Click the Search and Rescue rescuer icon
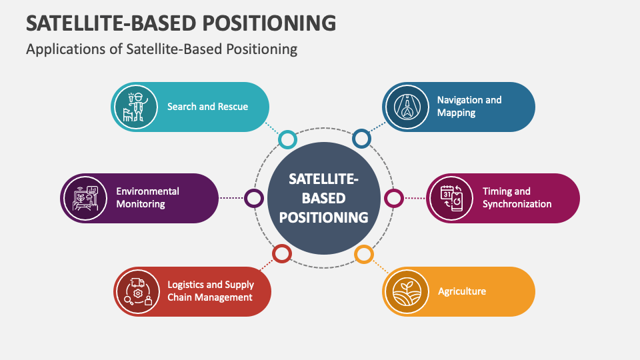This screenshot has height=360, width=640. pyautogui.click(x=136, y=106)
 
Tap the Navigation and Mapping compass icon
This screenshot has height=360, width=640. pyautogui.click(x=407, y=106)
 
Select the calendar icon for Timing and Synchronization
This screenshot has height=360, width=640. pyautogui.click(x=451, y=198)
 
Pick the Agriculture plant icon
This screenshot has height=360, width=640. pyautogui.click(x=407, y=291)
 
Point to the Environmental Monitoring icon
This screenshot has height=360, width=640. pyautogui.click(x=85, y=198)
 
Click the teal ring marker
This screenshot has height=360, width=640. pyautogui.click(x=287, y=139)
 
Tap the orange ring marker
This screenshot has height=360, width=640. pyautogui.click(x=363, y=253)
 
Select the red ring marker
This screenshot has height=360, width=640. pyautogui.click(x=282, y=253)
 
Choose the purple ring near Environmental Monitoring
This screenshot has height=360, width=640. pyautogui.click(x=254, y=198)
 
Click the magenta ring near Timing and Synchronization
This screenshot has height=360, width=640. pyautogui.click(x=394, y=198)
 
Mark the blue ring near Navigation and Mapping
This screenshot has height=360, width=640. pyautogui.click(x=361, y=139)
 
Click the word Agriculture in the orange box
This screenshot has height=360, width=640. pyautogui.click(x=462, y=291)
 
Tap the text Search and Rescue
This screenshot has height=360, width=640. pyautogui.click(x=207, y=106)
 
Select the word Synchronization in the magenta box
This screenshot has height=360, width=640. pyautogui.click(x=517, y=204)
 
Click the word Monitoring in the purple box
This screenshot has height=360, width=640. pyautogui.click(x=141, y=204)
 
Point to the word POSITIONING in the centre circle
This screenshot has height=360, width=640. pyautogui.click(x=323, y=217)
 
